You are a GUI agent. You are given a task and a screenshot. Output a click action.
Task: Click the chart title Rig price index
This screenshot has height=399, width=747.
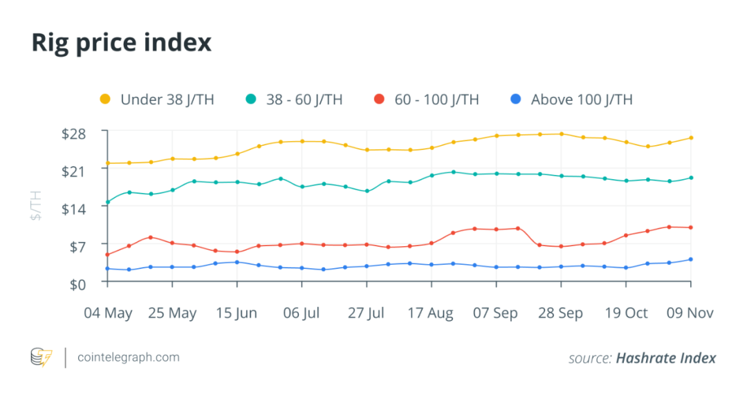121,43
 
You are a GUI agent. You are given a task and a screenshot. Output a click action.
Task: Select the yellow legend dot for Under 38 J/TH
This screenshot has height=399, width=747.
105,100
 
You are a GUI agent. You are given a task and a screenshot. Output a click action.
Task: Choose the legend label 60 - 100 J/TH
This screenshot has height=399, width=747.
436,100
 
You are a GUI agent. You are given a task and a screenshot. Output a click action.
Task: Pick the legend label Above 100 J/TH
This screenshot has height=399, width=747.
581,100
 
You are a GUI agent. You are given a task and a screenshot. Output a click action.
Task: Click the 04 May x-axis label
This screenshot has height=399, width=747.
108,313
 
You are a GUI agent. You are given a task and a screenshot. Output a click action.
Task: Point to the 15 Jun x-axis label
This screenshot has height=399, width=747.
237,313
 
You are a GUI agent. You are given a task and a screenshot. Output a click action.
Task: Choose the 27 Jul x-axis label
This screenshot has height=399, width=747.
366,313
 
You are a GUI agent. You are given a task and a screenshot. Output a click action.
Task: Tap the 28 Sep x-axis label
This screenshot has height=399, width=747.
560,313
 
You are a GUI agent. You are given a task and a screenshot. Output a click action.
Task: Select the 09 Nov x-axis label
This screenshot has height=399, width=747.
690,313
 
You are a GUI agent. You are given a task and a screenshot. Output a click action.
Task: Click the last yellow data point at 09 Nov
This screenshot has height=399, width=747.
691,138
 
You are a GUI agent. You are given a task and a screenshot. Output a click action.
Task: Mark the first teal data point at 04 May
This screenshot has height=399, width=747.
107,203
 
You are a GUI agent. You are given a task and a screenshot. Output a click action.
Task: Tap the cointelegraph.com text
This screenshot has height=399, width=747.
129,358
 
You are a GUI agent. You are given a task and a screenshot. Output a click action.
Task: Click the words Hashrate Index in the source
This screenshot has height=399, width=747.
665,358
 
